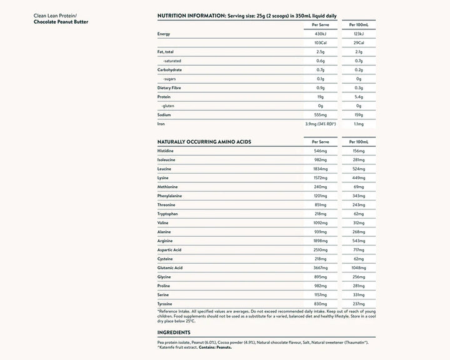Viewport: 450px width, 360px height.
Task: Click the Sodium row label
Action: (x=165, y=115)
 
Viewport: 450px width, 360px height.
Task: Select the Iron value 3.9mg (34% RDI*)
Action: (x=321, y=124)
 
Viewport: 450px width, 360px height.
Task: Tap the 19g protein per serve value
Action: (x=321, y=97)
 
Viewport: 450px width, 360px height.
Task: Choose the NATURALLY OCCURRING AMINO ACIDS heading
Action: (x=204, y=142)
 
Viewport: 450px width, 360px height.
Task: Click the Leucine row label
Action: (x=166, y=169)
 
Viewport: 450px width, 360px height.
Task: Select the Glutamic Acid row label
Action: (x=170, y=267)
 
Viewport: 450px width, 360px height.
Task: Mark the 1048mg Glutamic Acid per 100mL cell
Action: (x=359, y=267)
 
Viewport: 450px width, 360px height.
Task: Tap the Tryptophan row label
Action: (x=169, y=214)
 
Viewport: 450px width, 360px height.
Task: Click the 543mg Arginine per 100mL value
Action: (x=359, y=241)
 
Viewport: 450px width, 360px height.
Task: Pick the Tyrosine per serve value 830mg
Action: (x=321, y=304)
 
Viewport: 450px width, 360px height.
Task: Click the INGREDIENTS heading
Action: (x=173, y=333)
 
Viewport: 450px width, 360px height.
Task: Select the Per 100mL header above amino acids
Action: (x=359, y=142)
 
